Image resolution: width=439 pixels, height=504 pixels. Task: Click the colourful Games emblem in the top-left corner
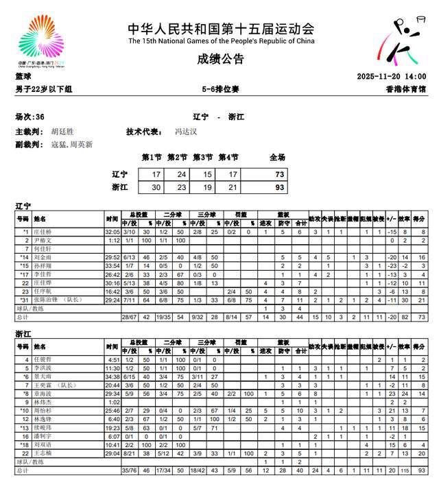coord(42,42)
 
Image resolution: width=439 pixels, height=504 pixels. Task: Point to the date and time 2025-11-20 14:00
coord(392,77)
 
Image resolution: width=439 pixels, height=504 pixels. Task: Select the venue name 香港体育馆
coord(407,89)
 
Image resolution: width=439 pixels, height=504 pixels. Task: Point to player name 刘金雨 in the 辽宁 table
coord(45,257)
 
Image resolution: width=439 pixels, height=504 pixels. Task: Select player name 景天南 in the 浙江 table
coord(45,376)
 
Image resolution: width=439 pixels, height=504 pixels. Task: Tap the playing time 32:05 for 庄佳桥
coord(112,232)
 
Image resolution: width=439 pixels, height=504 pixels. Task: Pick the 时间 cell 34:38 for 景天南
coord(112,376)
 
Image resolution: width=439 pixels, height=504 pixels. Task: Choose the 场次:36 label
coord(30,117)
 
